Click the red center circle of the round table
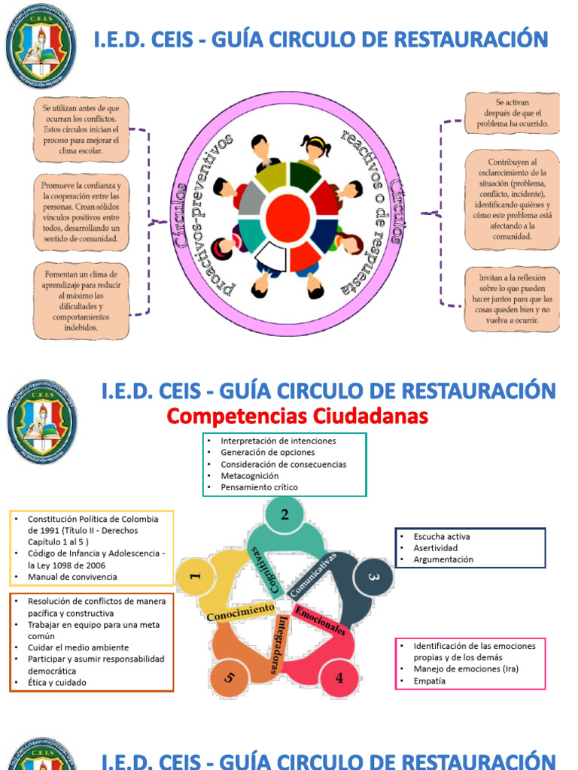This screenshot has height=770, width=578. (291, 215)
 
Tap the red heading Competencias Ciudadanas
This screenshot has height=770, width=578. (297, 416)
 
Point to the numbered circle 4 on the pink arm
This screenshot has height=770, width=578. (339, 678)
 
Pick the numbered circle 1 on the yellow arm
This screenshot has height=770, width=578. (195, 577)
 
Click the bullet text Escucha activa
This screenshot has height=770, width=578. (441, 536)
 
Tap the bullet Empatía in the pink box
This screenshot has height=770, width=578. (429, 681)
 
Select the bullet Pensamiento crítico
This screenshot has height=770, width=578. (259, 487)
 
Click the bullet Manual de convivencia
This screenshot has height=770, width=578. (72, 577)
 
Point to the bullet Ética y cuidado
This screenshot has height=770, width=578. (57, 682)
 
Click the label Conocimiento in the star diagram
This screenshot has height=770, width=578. (240, 612)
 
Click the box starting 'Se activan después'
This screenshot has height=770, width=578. (512, 112)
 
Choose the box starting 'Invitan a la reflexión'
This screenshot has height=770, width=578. (512, 299)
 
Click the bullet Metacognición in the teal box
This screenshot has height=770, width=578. (249, 475)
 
